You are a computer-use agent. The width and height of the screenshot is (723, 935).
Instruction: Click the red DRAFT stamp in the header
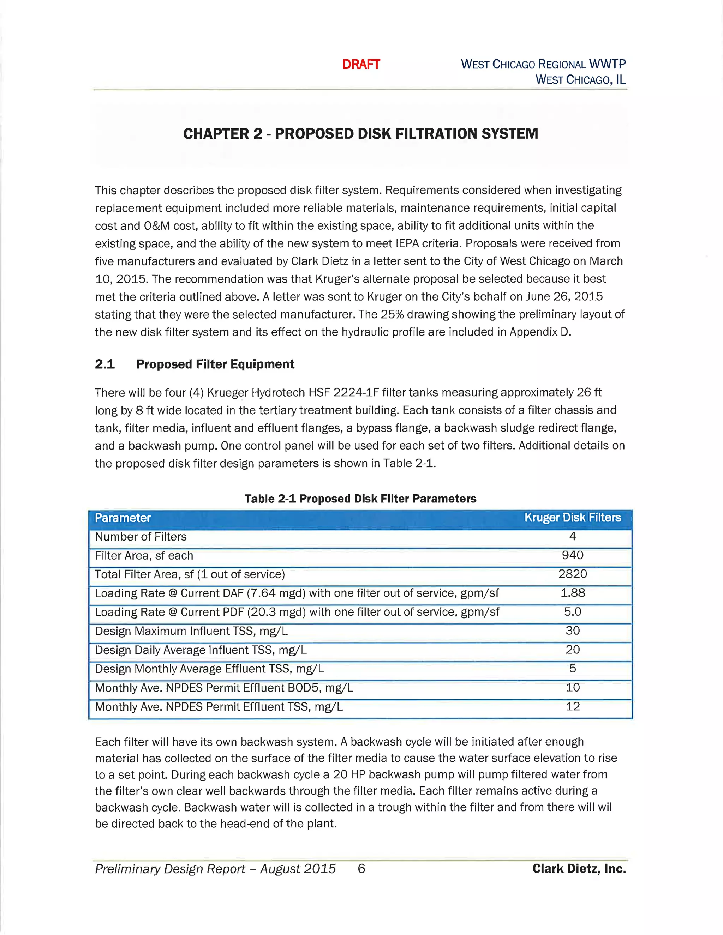click(x=361, y=64)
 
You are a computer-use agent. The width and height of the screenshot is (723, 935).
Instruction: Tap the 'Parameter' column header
click(x=123, y=518)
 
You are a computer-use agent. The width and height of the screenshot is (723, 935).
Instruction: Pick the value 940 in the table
click(x=572, y=555)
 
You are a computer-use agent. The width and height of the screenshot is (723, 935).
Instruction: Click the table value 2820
click(x=572, y=574)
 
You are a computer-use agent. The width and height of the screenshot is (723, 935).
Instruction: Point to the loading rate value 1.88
click(x=572, y=593)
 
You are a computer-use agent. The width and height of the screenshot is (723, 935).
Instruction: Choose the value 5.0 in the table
click(x=572, y=612)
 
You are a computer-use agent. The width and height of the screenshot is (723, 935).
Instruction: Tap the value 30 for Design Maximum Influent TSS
click(x=572, y=631)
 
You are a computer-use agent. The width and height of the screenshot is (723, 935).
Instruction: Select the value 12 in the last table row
click(x=572, y=706)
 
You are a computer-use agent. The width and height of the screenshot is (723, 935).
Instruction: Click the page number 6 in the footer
click(x=361, y=869)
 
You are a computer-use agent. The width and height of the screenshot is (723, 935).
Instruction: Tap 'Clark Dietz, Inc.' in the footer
click(x=579, y=869)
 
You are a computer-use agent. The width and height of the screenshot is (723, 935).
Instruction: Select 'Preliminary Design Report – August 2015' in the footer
click(x=215, y=869)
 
